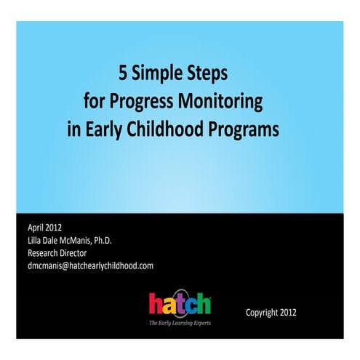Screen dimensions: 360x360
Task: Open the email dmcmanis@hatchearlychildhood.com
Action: [x=90, y=265]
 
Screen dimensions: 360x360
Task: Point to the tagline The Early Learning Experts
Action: [x=180, y=321]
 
